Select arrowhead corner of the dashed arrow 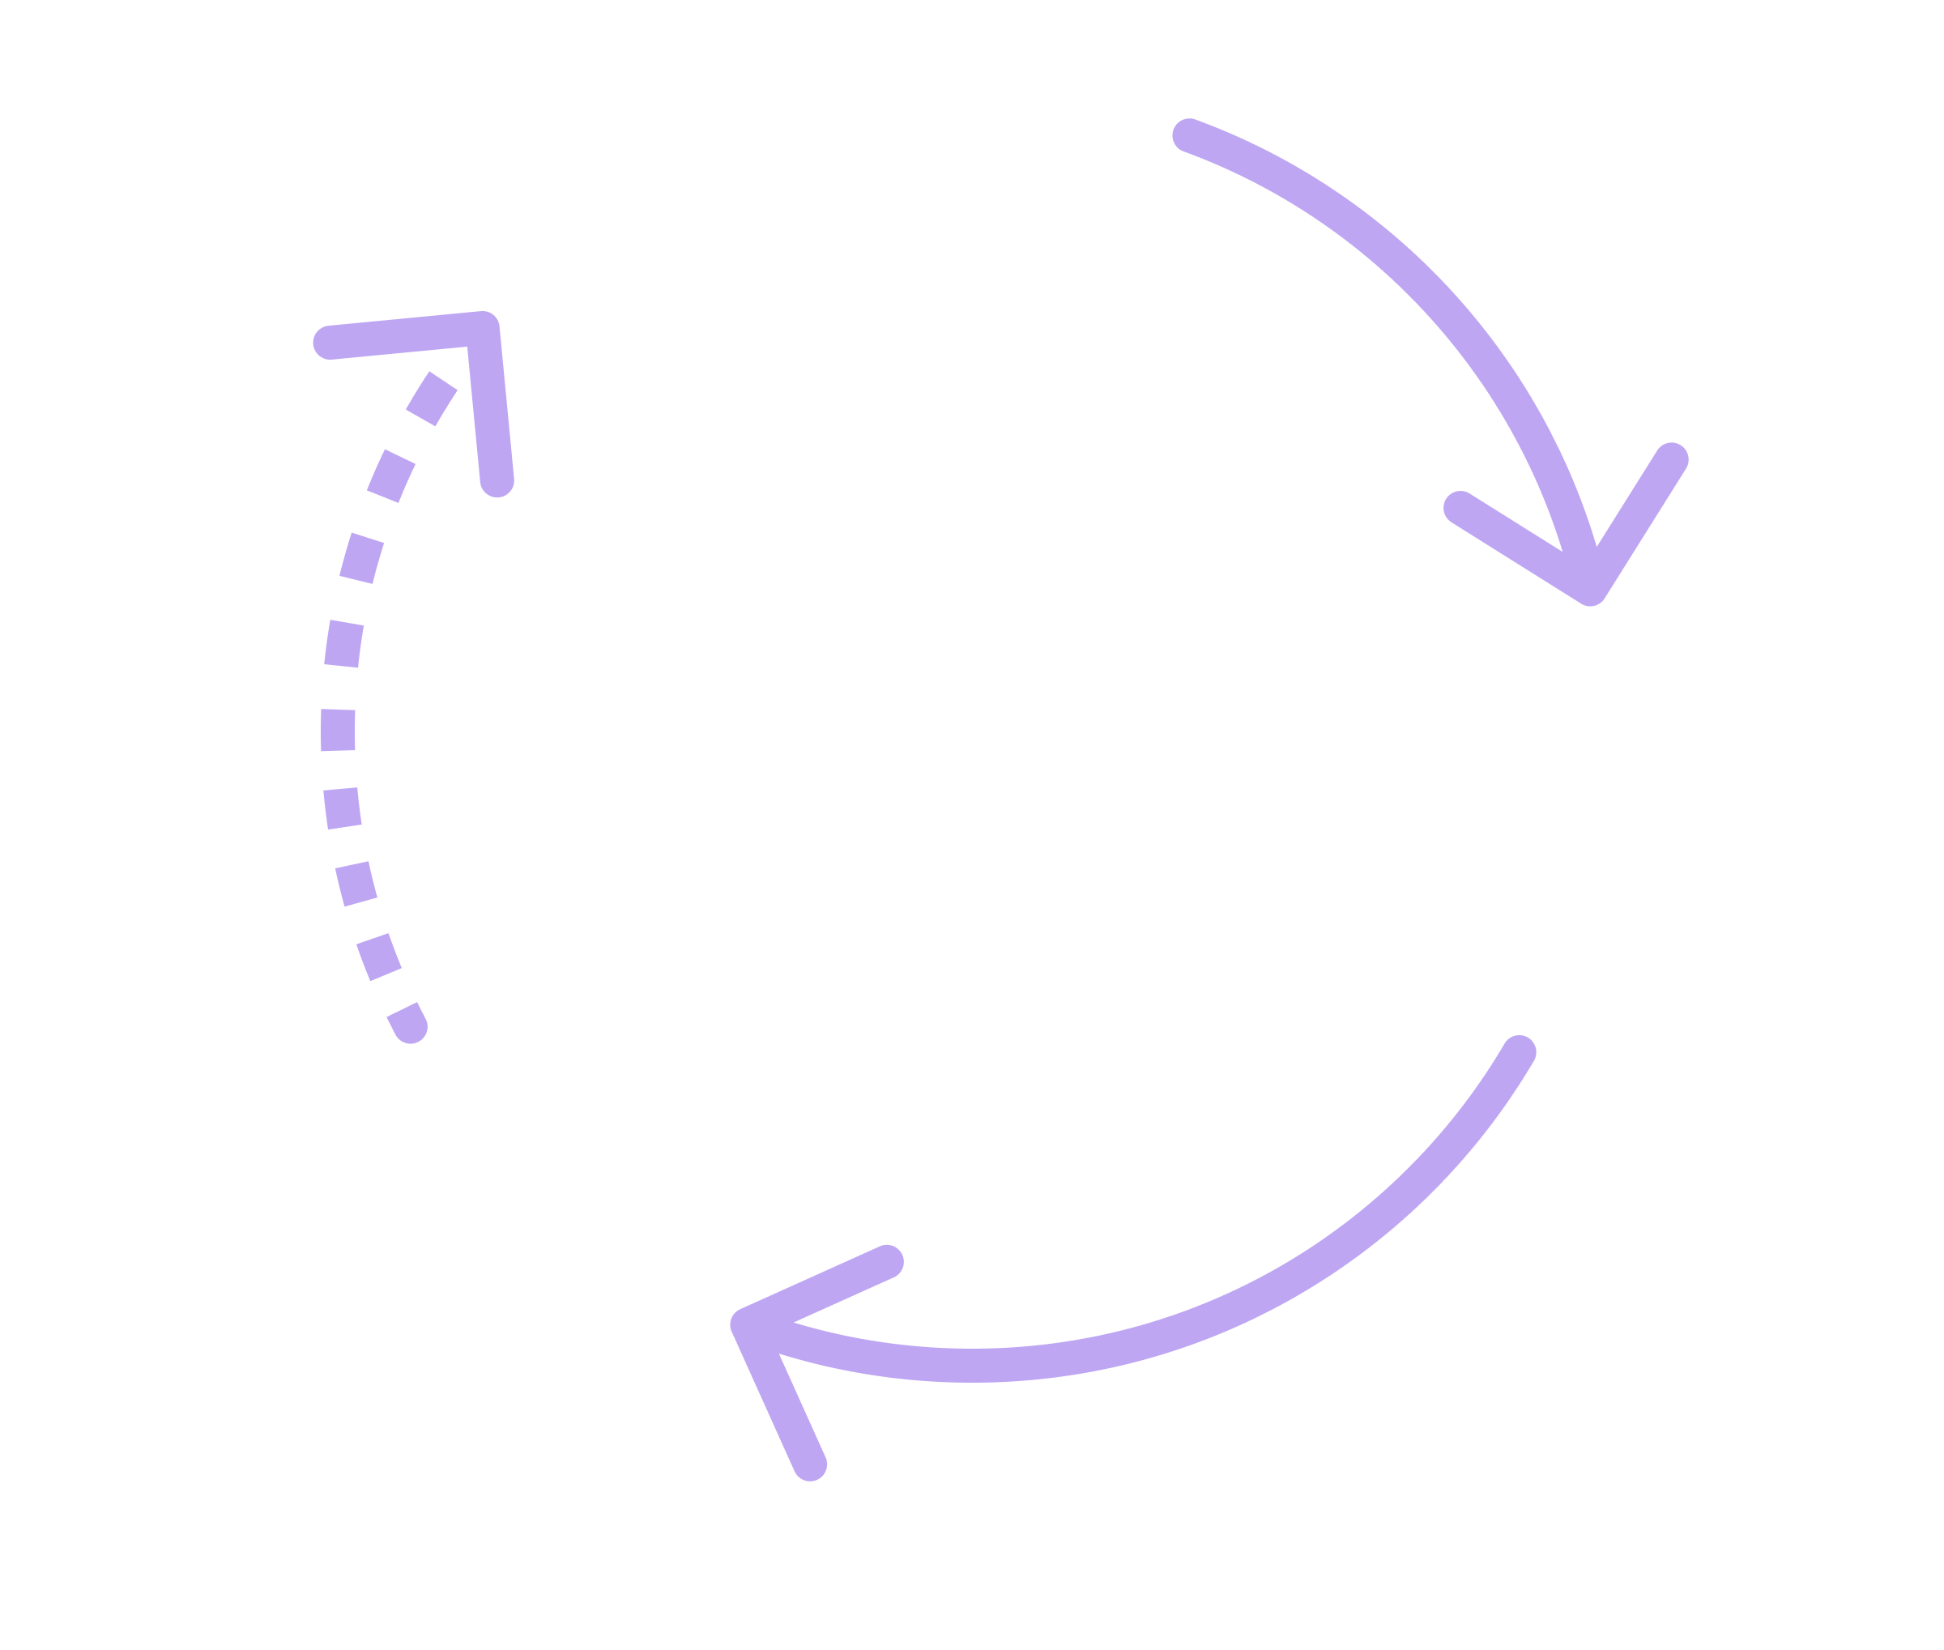(484, 327)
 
